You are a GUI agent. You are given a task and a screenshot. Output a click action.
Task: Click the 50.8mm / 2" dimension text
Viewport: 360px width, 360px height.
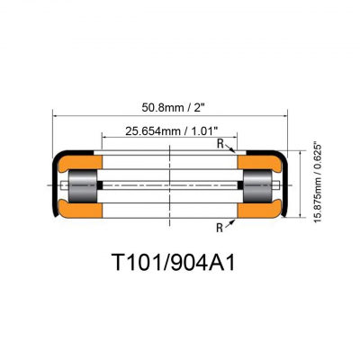coord(175,107)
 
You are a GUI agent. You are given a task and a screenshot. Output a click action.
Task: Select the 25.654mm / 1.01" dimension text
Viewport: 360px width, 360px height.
coord(171,130)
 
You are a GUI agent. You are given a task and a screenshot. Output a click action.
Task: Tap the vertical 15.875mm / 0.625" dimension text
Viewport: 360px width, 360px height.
coord(318,184)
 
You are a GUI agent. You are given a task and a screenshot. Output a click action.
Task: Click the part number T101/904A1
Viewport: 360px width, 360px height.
coord(173,263)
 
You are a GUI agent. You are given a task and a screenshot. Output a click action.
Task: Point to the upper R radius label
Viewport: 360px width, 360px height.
coord(220,145)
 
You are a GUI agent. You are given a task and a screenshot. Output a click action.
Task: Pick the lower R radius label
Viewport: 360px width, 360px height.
coord(220,229)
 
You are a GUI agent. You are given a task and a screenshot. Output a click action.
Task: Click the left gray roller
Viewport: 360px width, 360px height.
coord(83,186)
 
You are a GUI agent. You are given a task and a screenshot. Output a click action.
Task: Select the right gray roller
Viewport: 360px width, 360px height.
coord(257,186)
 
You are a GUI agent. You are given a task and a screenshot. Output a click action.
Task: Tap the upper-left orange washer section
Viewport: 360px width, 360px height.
coord(80,164)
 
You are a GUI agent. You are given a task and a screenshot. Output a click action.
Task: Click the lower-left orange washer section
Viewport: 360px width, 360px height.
coord(80,209)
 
